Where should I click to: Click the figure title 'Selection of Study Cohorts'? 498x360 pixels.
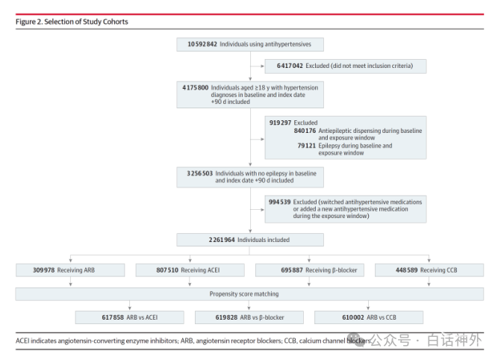(x=86, y=22)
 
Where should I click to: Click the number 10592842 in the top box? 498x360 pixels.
(x=202, y=44)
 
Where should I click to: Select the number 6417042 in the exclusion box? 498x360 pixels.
(x=290, y=66)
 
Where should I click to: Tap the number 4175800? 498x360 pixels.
(x=196, y=87)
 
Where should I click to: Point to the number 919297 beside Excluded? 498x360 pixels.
(x=280, y=122)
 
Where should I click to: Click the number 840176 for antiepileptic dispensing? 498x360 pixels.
(x=305, y=131)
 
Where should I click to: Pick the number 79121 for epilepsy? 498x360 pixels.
(x=306, y=146)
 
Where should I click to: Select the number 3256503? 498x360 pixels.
(x=200, y=173)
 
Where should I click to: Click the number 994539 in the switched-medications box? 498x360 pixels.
(x=279, y=202)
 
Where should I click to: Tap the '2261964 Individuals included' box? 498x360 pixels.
(x=250, y=240)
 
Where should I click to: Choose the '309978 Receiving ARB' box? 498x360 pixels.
(x=70, y=270)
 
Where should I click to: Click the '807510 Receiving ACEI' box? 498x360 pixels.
(x=190, y=270)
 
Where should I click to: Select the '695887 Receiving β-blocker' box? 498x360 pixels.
(x=310, y=270)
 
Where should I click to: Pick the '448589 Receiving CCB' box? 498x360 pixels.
(x=429, y=270)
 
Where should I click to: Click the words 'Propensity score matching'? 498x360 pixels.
(x=244, y=294)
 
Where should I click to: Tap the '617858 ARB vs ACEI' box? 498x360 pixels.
(x=130, y=317)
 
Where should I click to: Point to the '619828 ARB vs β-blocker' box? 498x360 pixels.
(x=249, y=317)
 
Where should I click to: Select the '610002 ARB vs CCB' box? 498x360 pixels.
(x=369, y=317)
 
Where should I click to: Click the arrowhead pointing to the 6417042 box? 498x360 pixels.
(x=262, y=66)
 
